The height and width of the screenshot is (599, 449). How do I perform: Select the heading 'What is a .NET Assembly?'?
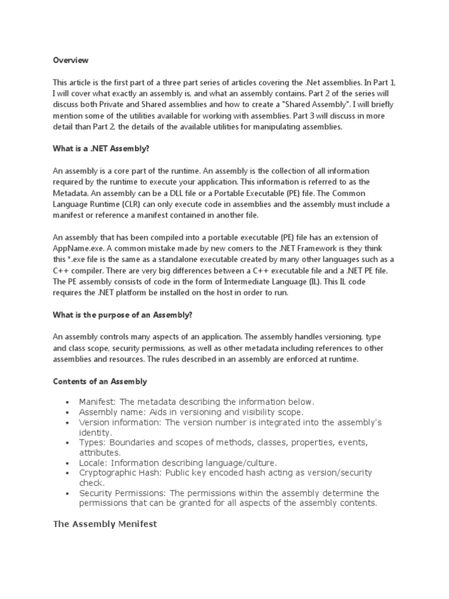[x=102, y=149]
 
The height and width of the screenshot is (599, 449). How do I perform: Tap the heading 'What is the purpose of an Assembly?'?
[x=123, y=315]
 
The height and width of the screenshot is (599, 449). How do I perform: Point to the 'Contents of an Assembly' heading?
[x=100, y=381]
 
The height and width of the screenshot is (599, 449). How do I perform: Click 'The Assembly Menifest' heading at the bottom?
[x=105, y=524]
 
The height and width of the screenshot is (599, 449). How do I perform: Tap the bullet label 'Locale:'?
[x=94, y=462]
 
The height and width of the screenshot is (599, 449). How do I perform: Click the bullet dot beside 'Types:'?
[x=68, y=442]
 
